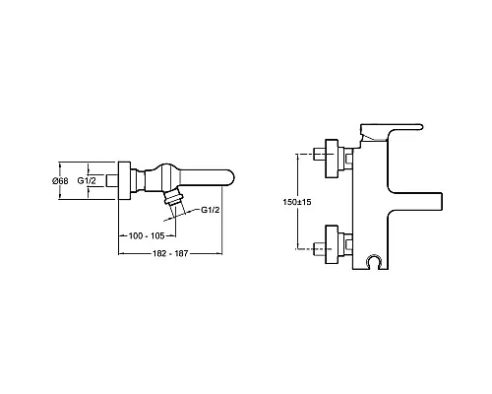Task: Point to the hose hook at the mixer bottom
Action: (371, 263)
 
